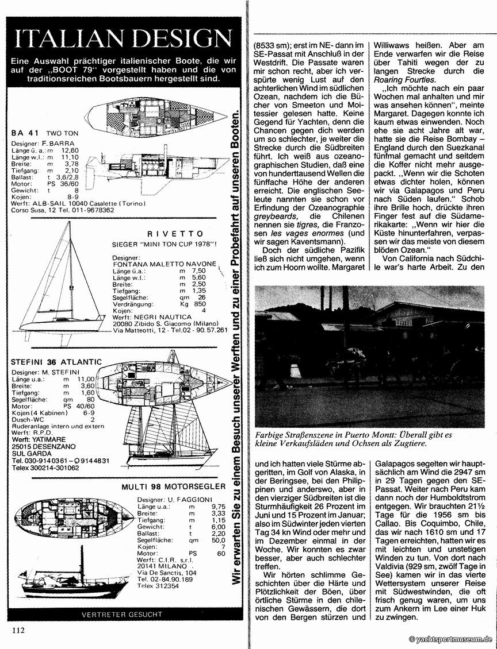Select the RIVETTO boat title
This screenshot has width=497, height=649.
click(x=175, y=234)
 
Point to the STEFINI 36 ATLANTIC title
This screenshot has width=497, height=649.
click(x=56, y=362)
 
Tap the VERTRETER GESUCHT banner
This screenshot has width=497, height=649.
click(x=122, y=614)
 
